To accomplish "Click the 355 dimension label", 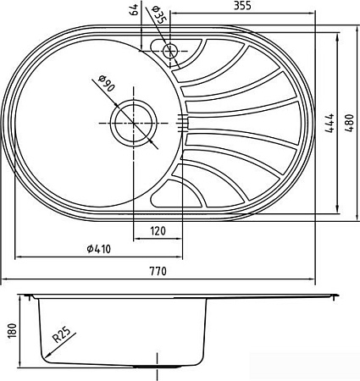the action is [242, 6].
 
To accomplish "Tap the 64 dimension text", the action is [135, 9].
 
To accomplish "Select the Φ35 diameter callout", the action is [158, 15].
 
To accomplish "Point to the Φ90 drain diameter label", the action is [107, 84].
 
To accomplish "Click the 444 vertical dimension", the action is [330, 123].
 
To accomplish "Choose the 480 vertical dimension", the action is [349, 123].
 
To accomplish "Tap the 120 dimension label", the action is [158, 231].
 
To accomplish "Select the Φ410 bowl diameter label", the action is [99, 249].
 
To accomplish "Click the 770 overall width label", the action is [158, 271].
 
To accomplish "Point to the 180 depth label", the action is [14, 330].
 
